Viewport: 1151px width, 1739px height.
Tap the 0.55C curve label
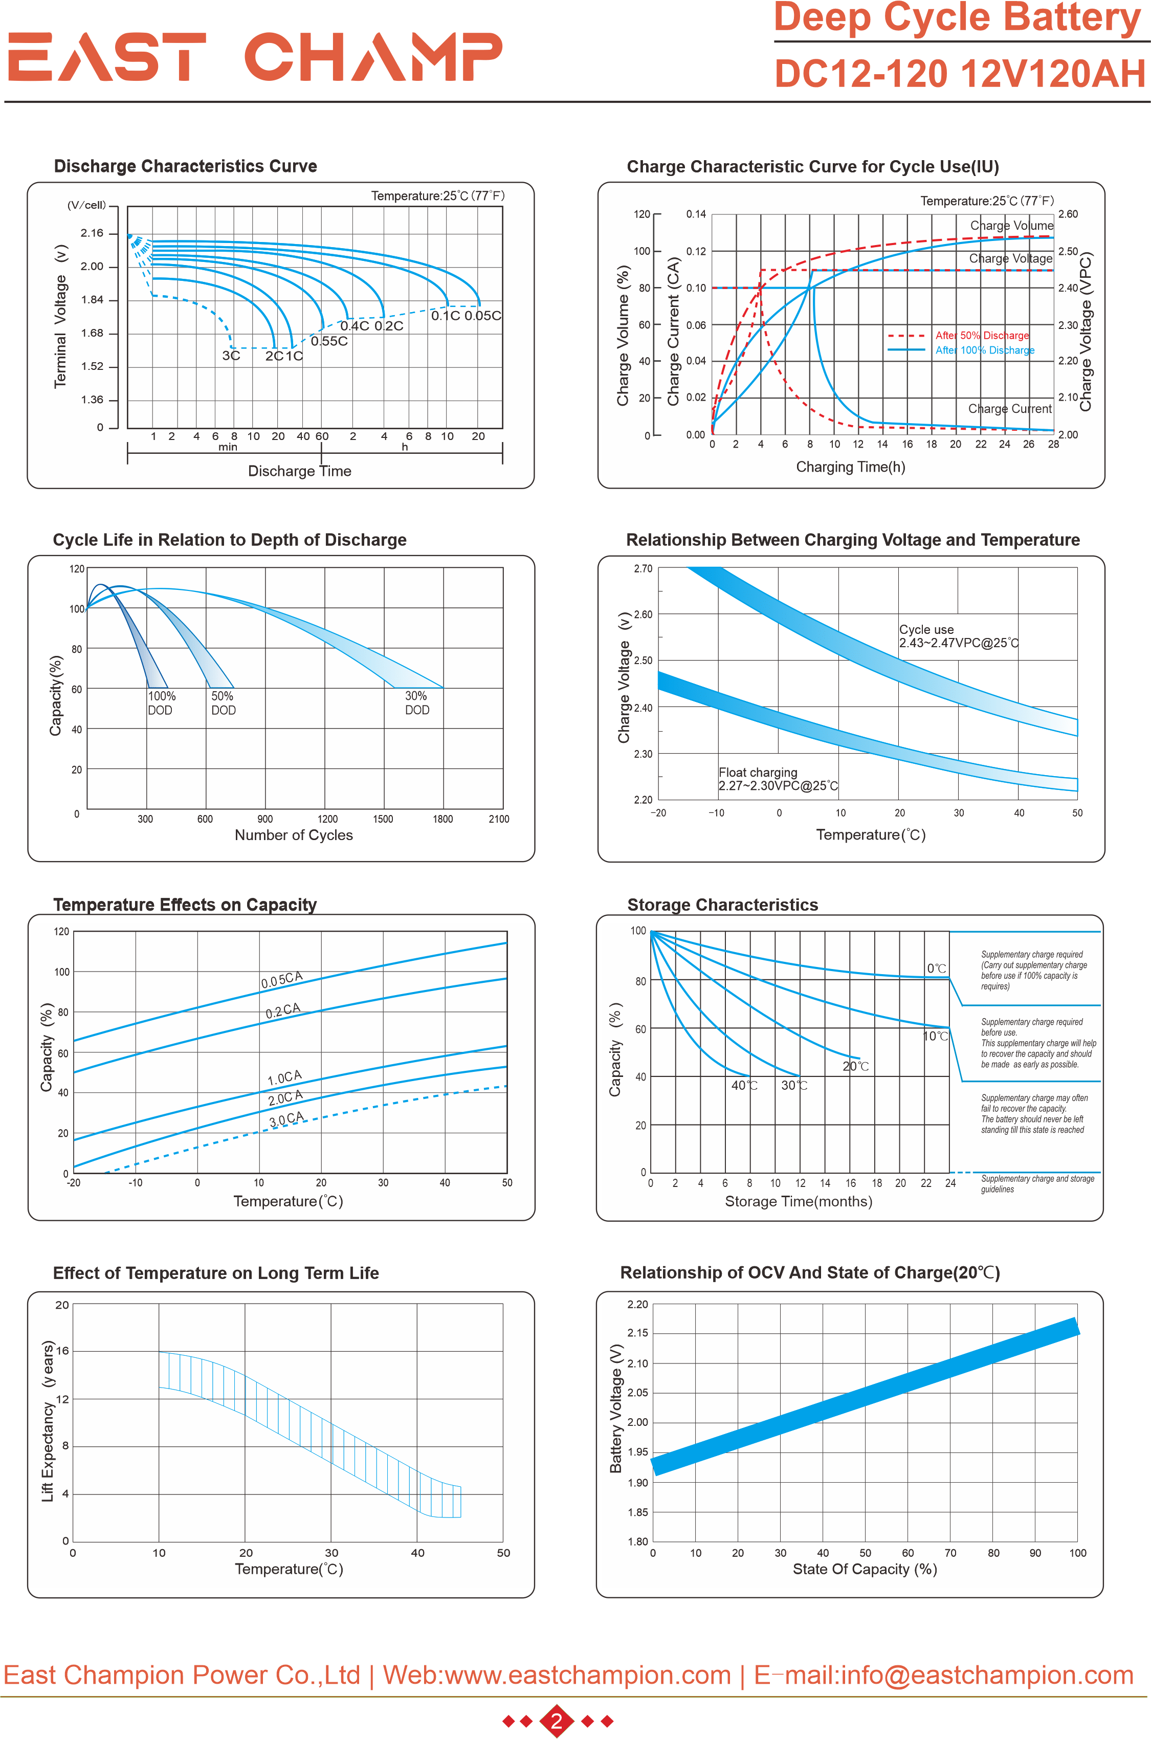[329, 341]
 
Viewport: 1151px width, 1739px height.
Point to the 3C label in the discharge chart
[231, 356]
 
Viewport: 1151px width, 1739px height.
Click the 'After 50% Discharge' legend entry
[982, 336]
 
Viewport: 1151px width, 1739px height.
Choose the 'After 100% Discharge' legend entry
[984, 350]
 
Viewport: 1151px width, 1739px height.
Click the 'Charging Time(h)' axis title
[850, 467]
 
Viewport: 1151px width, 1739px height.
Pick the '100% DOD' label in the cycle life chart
[161, 702]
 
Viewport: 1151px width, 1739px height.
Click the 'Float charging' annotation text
[758, 772]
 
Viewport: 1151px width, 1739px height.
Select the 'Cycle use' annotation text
[926, 629]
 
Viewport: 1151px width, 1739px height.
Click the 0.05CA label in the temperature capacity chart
[281, 979]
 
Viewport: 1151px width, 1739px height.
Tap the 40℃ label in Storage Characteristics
[744, 1085]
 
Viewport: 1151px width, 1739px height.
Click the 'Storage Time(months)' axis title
[798, 1201]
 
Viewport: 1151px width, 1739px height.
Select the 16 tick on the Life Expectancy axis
[62, 1351]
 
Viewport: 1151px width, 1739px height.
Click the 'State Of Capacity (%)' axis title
[864, 1569]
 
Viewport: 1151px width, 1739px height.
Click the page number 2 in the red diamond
[557, 1721]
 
